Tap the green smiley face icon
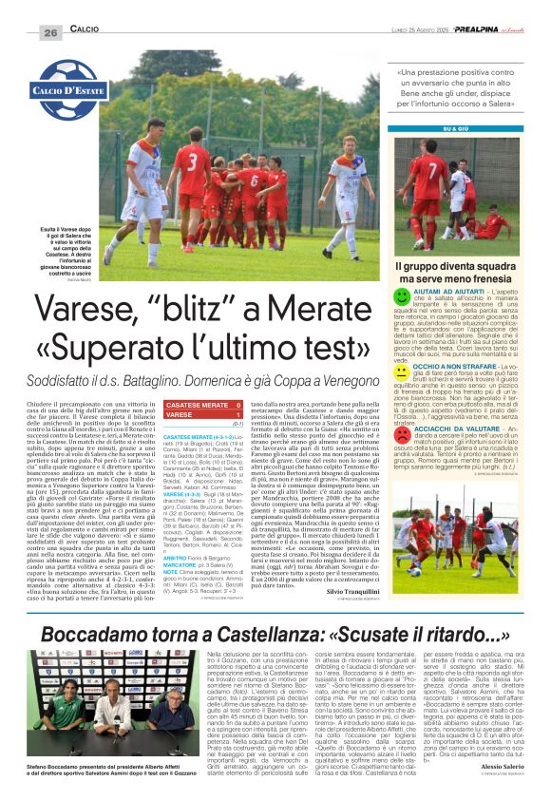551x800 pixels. pos(402,297)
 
